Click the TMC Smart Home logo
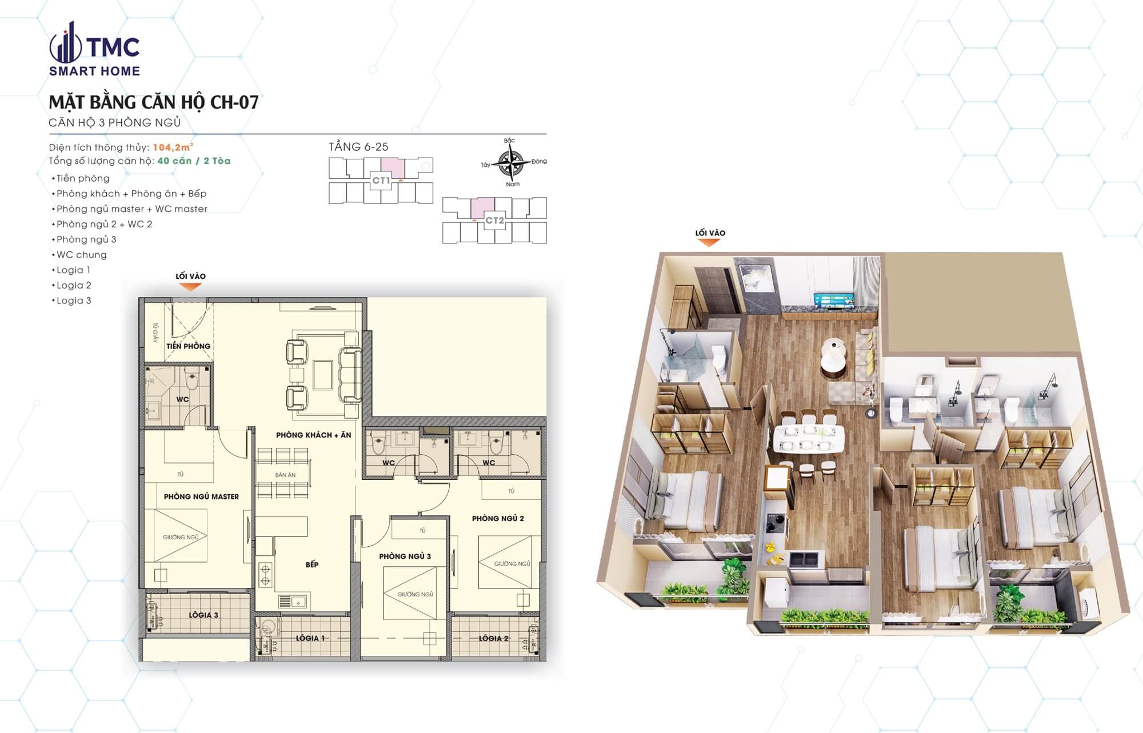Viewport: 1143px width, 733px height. point(94,50)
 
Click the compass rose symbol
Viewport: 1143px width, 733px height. point(510,162)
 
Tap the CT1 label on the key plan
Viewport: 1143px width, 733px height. point(381,181)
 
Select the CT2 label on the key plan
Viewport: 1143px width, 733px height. point(494,221)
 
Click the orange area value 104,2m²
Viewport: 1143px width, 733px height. point(173,147)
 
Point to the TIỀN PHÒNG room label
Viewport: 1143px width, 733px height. point(188,346)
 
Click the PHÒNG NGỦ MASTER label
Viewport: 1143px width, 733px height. point(201,496)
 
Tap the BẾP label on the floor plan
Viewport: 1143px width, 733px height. point(312,564)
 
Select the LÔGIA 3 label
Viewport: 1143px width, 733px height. point(203,615)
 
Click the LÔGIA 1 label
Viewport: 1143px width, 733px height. point(310,638)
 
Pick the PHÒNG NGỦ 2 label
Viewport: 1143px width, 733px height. point(498,518)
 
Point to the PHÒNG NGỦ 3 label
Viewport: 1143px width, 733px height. point(405,556)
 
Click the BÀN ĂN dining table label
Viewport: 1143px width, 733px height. point(285,475)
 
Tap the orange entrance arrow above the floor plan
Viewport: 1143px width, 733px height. point(190,287)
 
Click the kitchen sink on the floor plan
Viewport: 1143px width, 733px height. point(292,601)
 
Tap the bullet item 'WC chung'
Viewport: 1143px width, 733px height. point(81,255)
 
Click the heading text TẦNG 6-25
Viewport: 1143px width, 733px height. point(358,147)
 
